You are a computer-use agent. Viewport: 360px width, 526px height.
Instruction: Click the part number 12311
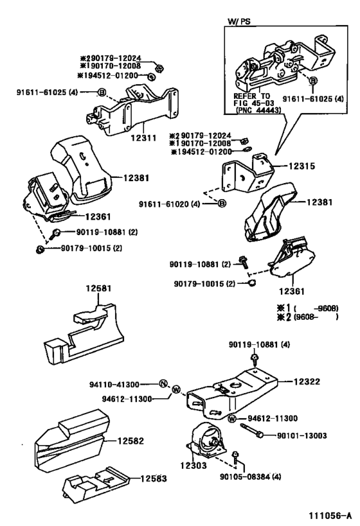pos(144,137)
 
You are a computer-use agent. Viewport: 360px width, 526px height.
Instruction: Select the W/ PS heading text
pos(239,21)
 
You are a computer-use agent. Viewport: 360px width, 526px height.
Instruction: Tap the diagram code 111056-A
pos(330,514)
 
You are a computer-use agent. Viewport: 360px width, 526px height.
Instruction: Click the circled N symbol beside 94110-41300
pos(163,383)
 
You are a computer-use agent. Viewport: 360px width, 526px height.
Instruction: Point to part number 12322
pos(307,381)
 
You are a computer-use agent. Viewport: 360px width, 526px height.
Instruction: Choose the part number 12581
pos(98,288)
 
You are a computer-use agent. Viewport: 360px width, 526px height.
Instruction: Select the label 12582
pos(130,441)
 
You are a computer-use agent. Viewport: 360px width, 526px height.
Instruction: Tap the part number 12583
pos(154,478)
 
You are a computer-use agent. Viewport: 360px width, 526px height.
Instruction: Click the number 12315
pos(302,166)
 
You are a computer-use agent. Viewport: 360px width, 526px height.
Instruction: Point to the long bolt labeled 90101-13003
pos(252,430)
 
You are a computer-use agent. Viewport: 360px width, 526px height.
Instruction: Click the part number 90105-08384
pos(246,477)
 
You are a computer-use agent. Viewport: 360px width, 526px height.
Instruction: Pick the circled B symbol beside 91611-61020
pos(222,204)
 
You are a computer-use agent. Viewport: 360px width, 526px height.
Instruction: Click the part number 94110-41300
pos(114,385)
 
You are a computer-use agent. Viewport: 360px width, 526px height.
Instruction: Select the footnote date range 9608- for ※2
pos(305,317)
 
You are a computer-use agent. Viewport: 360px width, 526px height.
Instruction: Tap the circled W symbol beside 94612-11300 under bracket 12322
pos(231,419)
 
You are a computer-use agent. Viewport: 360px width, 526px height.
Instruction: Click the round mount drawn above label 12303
pos(204,439)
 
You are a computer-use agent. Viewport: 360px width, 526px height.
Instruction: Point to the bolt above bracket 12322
pos(255,359)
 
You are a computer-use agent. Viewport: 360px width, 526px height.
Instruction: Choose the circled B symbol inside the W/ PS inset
pos(313,81)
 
